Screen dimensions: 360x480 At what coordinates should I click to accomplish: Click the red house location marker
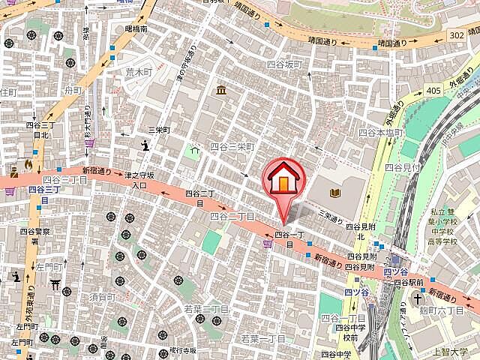(x=283, y=180)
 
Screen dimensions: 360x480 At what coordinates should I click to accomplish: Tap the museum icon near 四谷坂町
(x=222, y=91)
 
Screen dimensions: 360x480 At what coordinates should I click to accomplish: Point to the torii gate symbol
(x=54, y=284)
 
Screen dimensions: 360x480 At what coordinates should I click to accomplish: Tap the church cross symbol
(x=417, y=298)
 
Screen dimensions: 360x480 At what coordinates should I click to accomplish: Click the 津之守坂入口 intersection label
(x=139, y=180)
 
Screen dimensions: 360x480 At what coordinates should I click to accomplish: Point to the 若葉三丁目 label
(x=205, y=308)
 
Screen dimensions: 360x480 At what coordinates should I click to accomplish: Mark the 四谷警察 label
(x=35, y=232)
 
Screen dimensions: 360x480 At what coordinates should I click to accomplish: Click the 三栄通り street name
(x=330, y=217)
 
